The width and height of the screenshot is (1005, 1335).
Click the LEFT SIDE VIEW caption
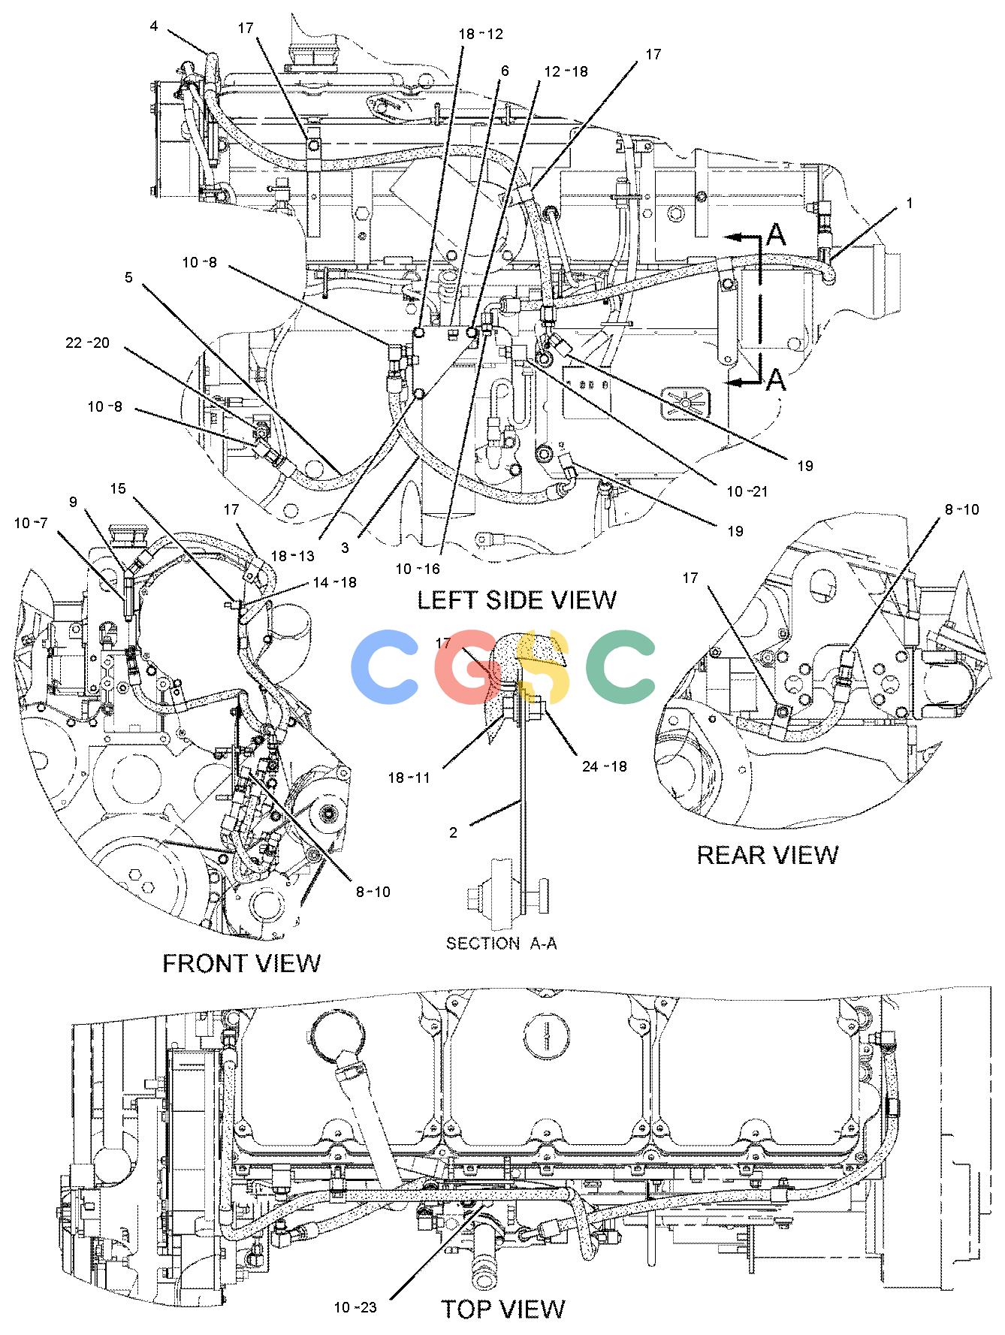tap(517, 600)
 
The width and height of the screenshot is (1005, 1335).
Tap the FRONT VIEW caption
tap(241, 963)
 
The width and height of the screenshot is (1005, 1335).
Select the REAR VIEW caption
tap(768, 855)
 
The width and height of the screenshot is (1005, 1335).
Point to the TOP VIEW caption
tap(502, 1309)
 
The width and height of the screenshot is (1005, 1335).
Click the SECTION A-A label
tap(501, 943)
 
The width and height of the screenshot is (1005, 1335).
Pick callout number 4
tap(154, 26)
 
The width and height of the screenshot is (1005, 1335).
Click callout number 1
tap(910, 204)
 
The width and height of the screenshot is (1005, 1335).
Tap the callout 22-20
tap(87, 343)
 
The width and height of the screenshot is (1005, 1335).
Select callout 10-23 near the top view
tap(355, 1308)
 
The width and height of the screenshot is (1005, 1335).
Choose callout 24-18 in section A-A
tap(604, 767)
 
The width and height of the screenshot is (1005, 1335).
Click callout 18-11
tap(409, 778)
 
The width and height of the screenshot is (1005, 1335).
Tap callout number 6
tap(505, 71)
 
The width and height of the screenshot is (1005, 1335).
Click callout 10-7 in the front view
tap(32, 523)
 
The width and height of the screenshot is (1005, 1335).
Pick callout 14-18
tap(335, 582)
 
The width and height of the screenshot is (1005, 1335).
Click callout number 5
tap(128, 277)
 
